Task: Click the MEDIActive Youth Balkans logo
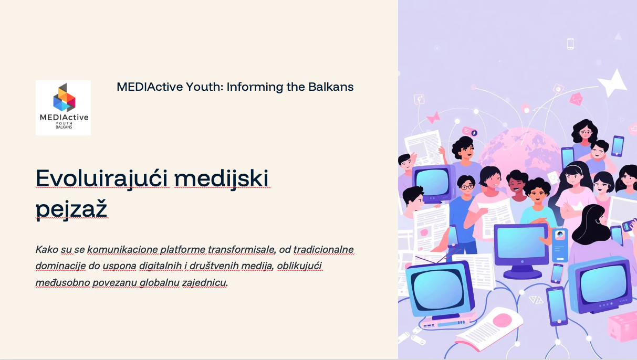(63, 108)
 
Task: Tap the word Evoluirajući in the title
(101, 179)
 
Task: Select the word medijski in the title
(221, 179)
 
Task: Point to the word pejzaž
(71, 209)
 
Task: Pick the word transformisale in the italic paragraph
(242, 249)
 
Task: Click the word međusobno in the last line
(62, 283)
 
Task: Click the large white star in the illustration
(612, 83)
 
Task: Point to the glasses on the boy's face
(467, 187)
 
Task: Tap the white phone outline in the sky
(570, 44)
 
